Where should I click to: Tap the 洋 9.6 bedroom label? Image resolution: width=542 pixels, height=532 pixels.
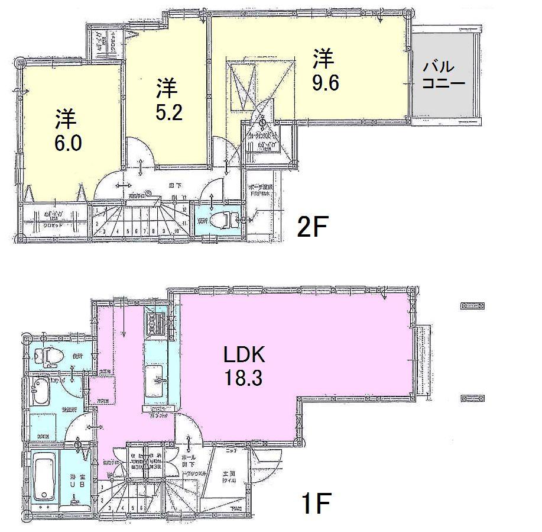coord(324,70)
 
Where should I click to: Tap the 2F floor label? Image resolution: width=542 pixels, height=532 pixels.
coord(312,227)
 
